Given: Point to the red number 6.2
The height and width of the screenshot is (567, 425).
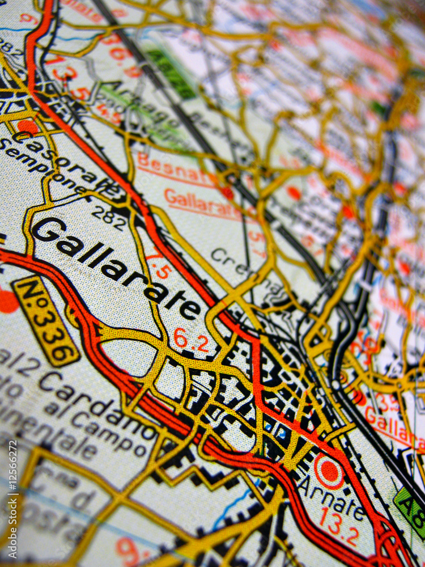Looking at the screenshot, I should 191,340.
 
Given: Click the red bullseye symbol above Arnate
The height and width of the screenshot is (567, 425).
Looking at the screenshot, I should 329,471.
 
